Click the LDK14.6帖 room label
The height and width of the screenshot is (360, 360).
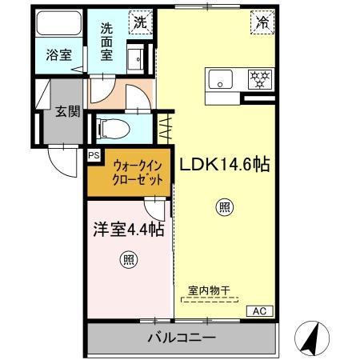[223, 166]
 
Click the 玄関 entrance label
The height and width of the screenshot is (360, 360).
[67, 111]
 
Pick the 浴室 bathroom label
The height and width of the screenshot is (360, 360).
[58, 56]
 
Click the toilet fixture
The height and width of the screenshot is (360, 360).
[113, 126]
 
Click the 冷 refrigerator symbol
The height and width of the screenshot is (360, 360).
[261, 23]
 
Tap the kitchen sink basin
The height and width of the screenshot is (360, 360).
[220, 79]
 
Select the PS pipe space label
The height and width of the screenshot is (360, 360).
[94, 156]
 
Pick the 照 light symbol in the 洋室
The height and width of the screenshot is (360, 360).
[127, 258]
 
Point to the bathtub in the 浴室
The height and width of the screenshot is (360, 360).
[58, 29]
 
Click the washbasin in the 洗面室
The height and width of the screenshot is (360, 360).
[136, 59]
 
